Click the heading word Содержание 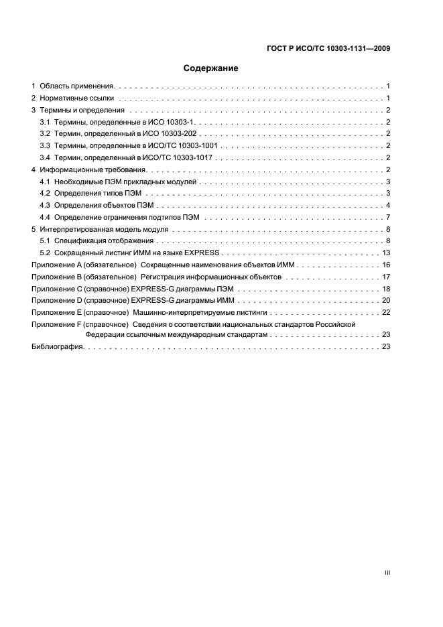click(211, 68)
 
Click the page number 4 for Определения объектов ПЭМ click(388, 204)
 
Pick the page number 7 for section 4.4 click(388, 217)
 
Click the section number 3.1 click(45, 123)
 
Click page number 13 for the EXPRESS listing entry click(386, 253)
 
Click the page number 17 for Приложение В click(386, 277)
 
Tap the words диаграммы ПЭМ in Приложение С click(202, 289)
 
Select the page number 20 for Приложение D click(386, 300)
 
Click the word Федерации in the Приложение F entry click(105, 334)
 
